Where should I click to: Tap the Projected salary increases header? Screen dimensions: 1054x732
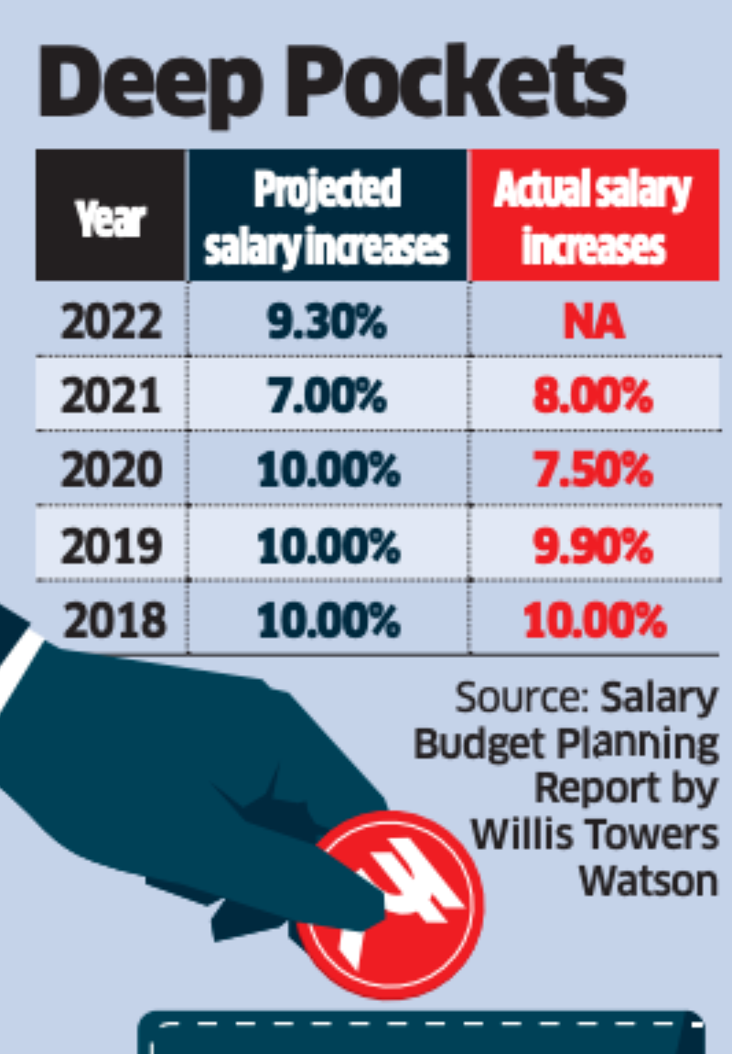tap(328, 218)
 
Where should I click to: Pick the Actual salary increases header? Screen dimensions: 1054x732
tap(593, 218)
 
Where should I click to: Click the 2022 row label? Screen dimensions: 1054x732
tap(112, 322)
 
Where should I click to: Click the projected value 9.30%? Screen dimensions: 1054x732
tap(328, 322)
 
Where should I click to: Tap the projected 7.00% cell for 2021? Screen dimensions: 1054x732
tap(328, 397)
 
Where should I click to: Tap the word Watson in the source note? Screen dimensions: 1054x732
tap(648, 880)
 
